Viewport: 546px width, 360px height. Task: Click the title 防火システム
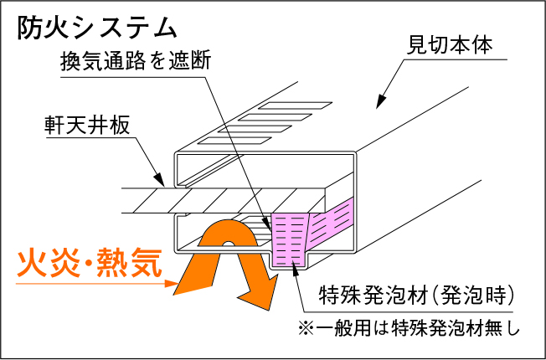(97, 26)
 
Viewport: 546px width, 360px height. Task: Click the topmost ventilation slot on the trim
(280, 107)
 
